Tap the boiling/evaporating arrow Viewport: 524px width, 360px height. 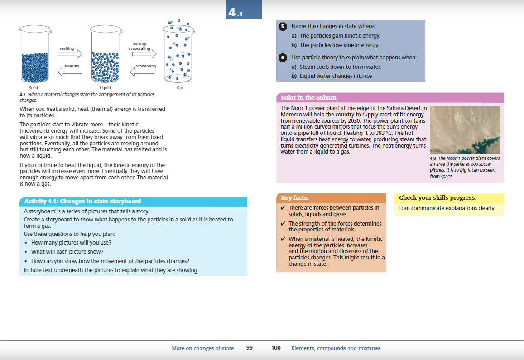tap(144, 54)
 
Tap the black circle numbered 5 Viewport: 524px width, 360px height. tap(283, 27)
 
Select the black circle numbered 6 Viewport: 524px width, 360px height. tap(283, 58)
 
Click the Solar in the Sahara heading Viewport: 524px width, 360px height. tap(308, 98)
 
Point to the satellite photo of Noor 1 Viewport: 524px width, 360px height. tap(465, 130)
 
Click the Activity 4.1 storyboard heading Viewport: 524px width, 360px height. tap(82, 202)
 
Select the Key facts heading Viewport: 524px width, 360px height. tap(295, 198)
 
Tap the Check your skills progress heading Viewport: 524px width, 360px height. tap(437, 198)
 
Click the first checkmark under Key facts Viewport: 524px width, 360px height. tap(283, 208)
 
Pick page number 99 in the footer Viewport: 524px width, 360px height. tap(249, 348)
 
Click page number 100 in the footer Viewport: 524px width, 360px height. tap(276, 348)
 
